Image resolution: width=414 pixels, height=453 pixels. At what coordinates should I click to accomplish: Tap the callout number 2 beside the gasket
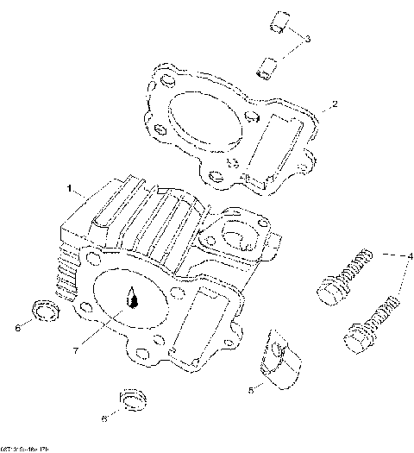click(335, 104)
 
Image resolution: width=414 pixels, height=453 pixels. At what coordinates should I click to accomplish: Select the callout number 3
click(308, 38)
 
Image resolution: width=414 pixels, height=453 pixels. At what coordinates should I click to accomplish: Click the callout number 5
click(251, 390)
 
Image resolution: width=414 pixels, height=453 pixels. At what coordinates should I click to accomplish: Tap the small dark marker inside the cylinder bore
click(132, 298)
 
